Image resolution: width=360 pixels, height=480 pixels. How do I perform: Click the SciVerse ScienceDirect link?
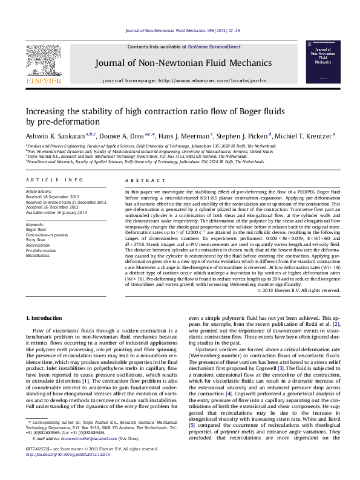(x=214, y=47)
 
